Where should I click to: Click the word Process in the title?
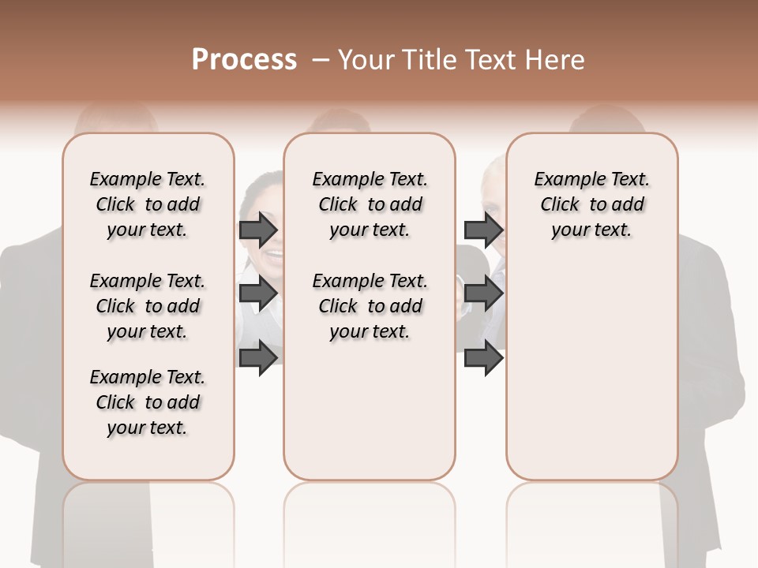(x=244, y=60)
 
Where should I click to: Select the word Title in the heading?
(x=427, y=60)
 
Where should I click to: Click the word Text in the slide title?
(x=491, y=60)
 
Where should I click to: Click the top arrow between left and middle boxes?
(x=258, y=230)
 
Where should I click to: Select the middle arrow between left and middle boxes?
(x=258, y=293)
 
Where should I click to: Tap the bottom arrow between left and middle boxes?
(x=258, y=357)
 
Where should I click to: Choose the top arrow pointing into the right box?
(x=484, y=230)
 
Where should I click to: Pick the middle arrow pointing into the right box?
(x=484, y=293)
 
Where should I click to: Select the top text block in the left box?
(x=148, y=204)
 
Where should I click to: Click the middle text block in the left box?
(x=148, y=306)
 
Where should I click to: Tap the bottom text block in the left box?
(x=148, y=402)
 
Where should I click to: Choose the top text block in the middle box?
(x=370, y=204)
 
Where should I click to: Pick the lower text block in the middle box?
(x=370, y=306)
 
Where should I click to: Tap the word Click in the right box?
(x=560, y=204)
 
